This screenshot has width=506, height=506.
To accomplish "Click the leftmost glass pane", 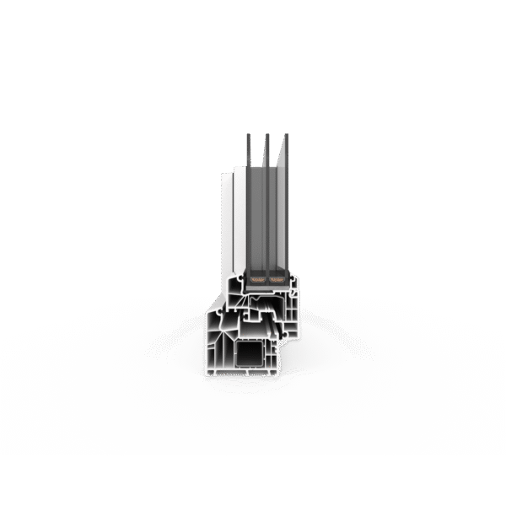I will pyautogui.click(x=248, y=202).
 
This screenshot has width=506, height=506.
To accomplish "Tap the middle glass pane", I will pyautogui.click(x=266, y=202).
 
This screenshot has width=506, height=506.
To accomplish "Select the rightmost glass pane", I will pyautogui.click(x=286, y=202).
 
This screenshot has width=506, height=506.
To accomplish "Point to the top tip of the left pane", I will pyautogui.click(x=248, y=135).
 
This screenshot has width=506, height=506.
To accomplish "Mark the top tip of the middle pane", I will pyautogui.click(x=266, y=135).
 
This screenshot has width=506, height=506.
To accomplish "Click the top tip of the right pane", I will pyautogui.click(x=286, y=135).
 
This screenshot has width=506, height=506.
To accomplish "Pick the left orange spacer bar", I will pyautogui.click(x=256, y=277).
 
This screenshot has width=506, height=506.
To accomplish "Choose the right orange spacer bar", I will pyautogui.click(x=276, y=277).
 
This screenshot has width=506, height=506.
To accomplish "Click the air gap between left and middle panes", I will pyautogui.click(x=257, y=211).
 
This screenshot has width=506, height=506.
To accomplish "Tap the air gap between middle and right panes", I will pyautogui.click(x=277, y=211).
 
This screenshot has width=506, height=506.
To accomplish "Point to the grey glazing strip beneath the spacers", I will pyautogui.click(x=266, y=286).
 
